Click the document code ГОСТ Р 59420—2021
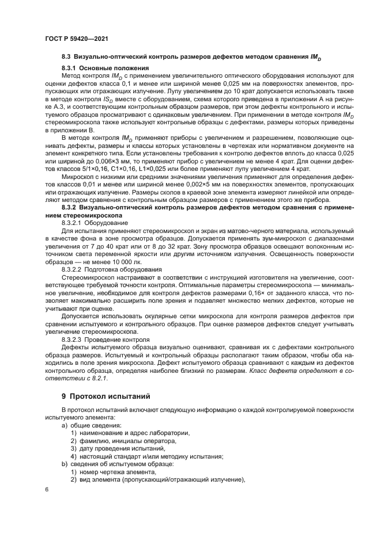(x=77, y=38)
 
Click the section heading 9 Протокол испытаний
(x=101, y=396)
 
